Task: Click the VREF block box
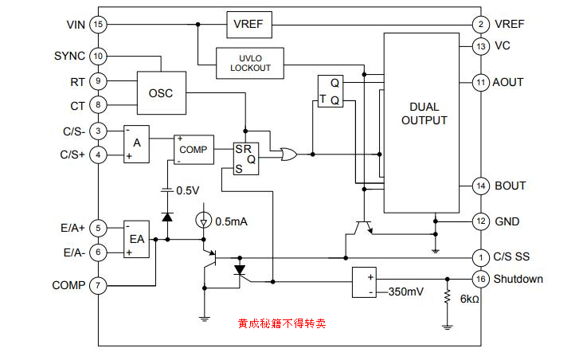[249, 25]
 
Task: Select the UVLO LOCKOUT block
[250, 63]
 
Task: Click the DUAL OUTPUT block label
[424, 114]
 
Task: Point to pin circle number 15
[98, 25]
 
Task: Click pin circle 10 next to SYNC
[98, 57]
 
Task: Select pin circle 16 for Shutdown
[480, 279]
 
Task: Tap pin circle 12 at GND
[480, 221]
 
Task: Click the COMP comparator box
[193, 149]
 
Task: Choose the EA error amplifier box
[137, 239]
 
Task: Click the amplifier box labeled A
[136, 143]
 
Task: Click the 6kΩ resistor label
[469, 299]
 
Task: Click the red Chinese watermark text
[281, 324]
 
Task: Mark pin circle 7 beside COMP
[98, 285]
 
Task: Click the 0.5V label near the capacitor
[188, 190]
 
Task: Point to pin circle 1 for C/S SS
[480, 257]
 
